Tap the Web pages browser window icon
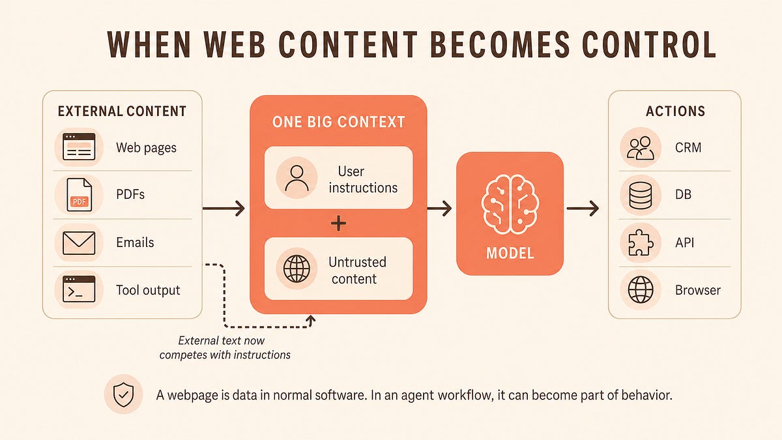click(79, 147)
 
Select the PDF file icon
click(80, 195)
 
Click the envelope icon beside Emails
click(79, 243)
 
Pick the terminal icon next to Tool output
click(79, 289)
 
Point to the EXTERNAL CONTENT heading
click(123, 111)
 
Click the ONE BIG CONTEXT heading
click(338, 122)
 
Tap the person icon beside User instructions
click(297, 178)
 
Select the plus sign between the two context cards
click(338, 223)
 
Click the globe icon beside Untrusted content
click(297, 269)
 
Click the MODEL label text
click(510, 253)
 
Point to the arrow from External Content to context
click(224, 209)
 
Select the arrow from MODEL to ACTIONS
click(583, 209)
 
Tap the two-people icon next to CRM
click(640, 148)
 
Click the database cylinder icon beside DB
click(640, 195)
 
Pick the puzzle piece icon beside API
click(640, 243)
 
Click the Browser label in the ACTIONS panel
click(697, 290)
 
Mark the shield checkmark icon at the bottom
click(124, 394)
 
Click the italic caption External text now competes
click(225, 348)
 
